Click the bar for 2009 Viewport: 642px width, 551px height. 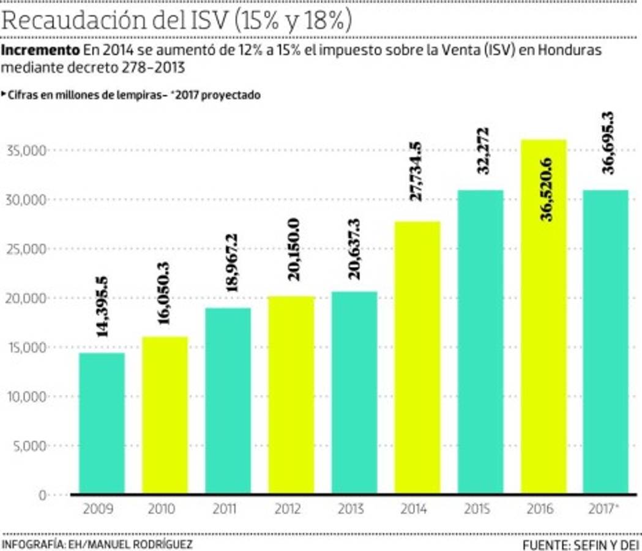point(102,423)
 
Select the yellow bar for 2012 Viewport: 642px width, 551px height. point(291,395)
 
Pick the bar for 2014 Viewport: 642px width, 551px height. point(417,358)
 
